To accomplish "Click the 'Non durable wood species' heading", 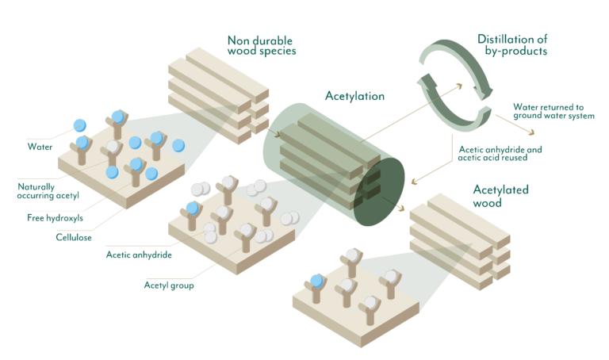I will click(261, 46).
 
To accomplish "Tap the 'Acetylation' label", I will click(354, 97).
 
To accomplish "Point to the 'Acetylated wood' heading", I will click(500, 195).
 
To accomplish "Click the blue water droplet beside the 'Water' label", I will click(79, 125).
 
